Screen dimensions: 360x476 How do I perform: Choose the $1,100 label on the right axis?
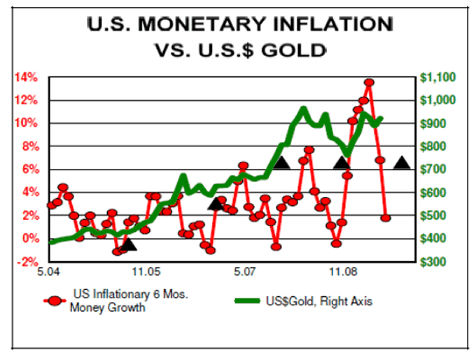tap(438, 77)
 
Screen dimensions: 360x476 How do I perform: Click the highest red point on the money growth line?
tap(369, 83)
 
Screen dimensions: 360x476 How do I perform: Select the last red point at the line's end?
tap(386, 218)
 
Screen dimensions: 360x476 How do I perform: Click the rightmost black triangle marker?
tap(402, 163)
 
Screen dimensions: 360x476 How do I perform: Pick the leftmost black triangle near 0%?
tap(127, 244)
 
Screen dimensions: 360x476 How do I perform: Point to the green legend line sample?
tap(253, 301)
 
